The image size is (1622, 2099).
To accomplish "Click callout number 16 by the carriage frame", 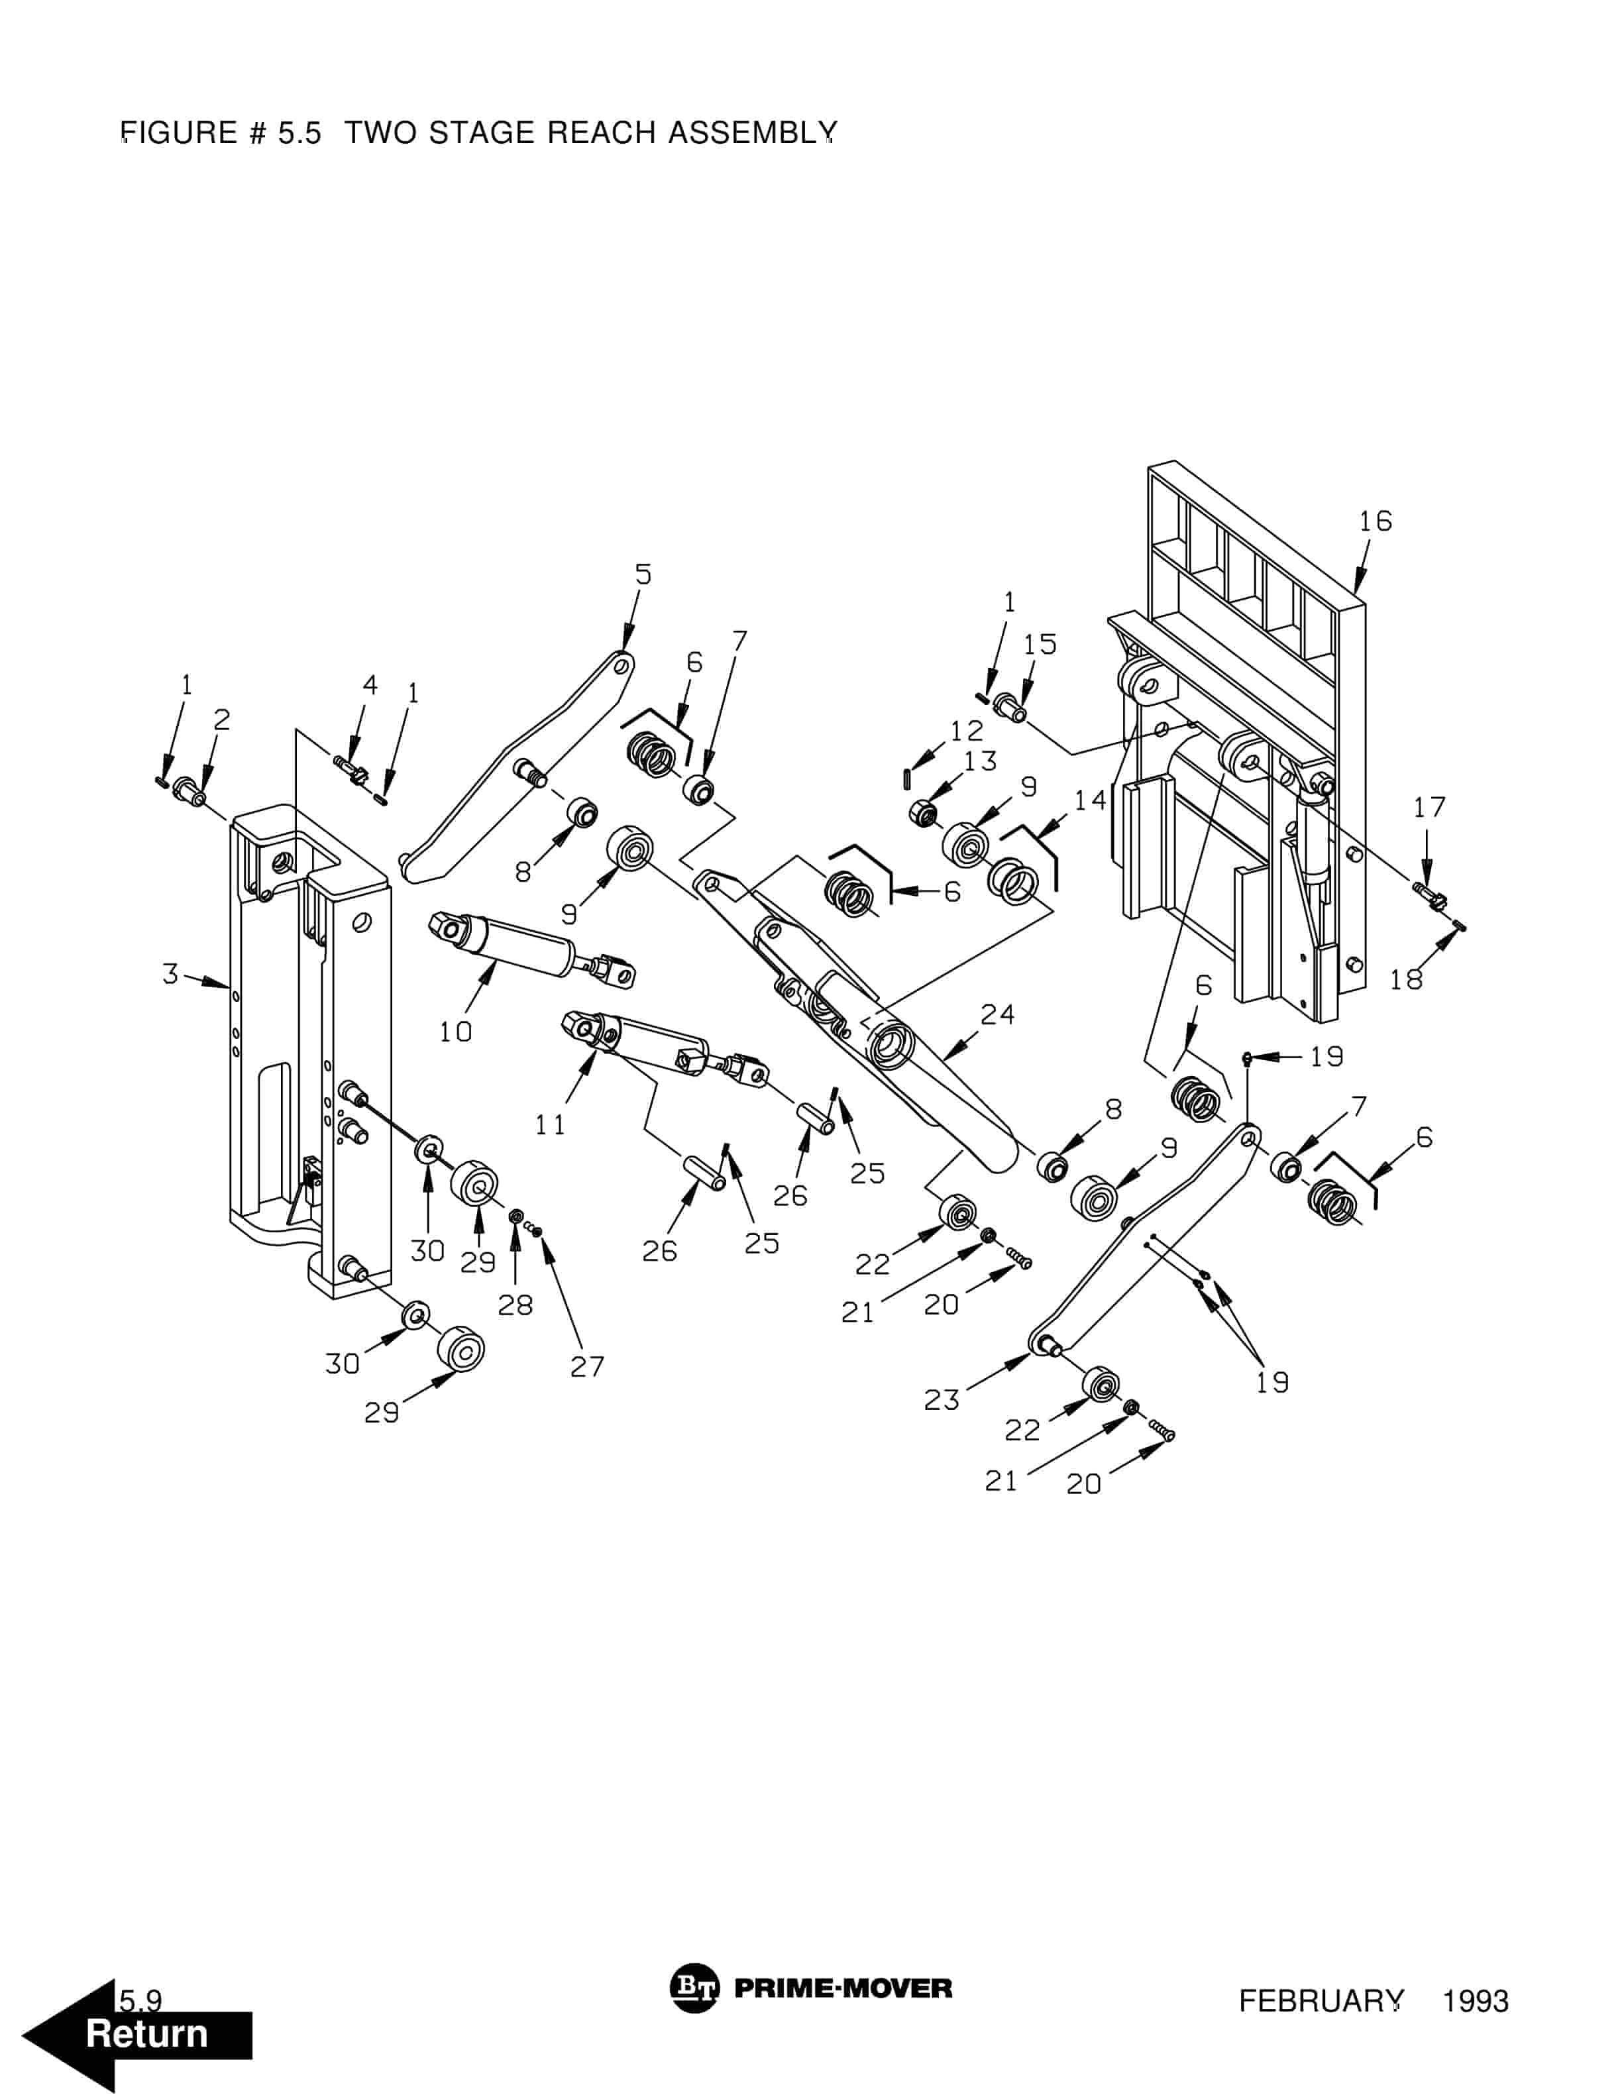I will (x=1375, y=521).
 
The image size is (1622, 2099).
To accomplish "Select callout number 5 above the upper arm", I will (x=643, y=574).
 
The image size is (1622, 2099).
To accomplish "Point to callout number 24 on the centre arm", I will (x=997, y=1014).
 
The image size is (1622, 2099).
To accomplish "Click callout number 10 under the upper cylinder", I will (x=455, y=1031).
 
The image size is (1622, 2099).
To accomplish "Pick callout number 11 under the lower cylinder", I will (x=551, y=1124).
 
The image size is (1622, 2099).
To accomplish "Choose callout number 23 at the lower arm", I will (x=942, y=1399).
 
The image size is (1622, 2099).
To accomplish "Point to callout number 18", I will (x=1406, y=979).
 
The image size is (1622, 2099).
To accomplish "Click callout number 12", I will (x=967, y=730).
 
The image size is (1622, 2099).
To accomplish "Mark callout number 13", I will (x=980, y=761).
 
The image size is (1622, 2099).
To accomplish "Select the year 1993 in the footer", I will (x=1475, y=2002).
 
